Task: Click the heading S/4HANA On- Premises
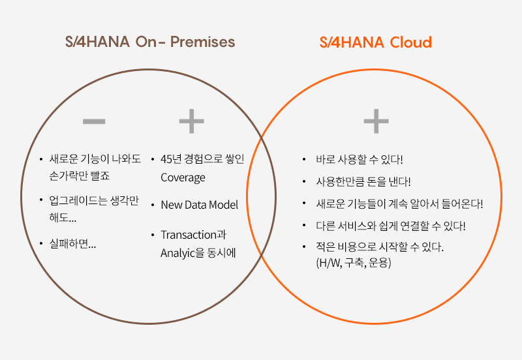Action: (x=150, y=42)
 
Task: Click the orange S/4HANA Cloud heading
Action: (x=376, y=42)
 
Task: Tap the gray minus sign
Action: (x=94, y=121)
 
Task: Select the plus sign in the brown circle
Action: (x=191, y=121)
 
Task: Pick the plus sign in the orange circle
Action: (x=376, y=121)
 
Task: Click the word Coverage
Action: (x=183, y=177)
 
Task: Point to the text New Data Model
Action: (x=200, y=205)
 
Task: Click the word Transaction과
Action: (x=193, y=235)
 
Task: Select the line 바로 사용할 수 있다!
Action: (x=360, y=159)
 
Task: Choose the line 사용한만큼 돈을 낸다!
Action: (x=363, y=181)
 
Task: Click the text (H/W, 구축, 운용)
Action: (x=354, y=263)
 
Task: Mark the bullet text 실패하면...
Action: (x=72, y=244)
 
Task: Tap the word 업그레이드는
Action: (x=78, y=201)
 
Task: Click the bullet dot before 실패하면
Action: (x=41, y=244)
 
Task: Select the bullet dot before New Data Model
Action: (x=153, y=205)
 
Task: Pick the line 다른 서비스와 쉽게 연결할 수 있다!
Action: (x=390, y=226)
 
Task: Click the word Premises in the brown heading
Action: (x=203, y=42)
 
